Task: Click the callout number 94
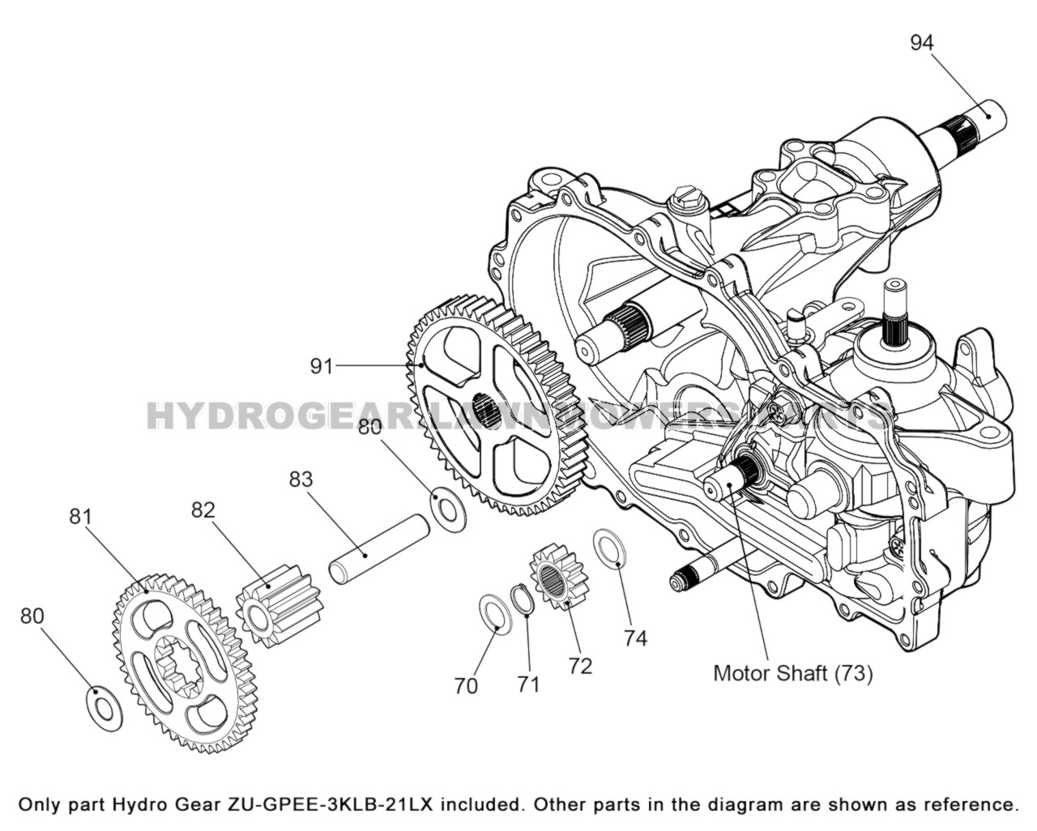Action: pos(922,42)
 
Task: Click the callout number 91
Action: pos(322,367)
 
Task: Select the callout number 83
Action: pos(301,479)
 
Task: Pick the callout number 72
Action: pos(580,666)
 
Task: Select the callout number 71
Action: pos(528,684)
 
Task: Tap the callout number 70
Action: pos(466,686)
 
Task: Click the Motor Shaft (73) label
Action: pos(792,673)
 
